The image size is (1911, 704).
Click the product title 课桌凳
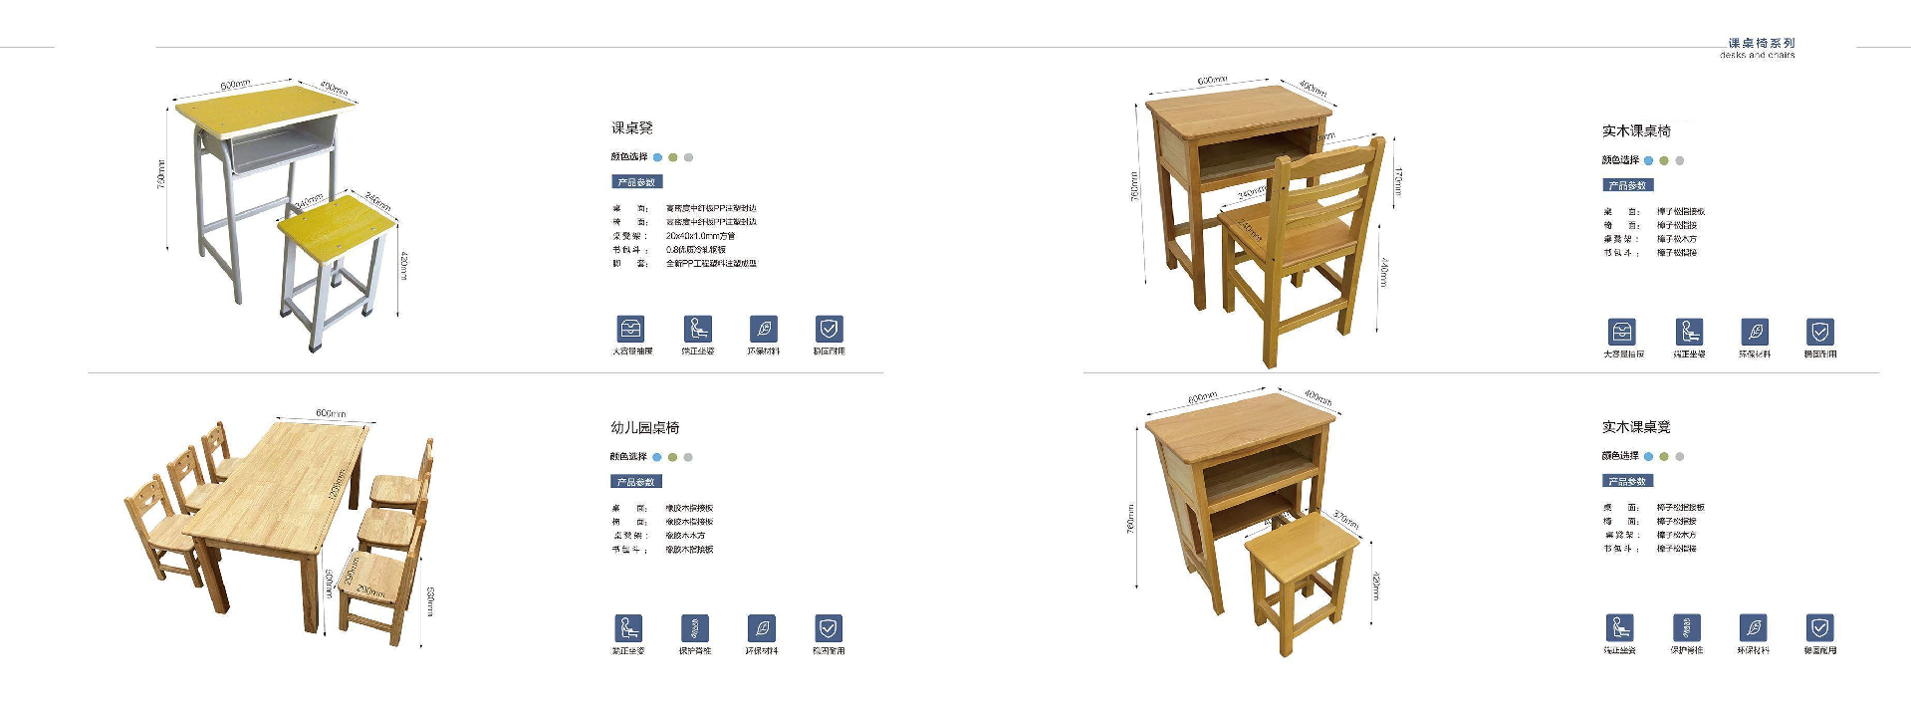pos(631,127)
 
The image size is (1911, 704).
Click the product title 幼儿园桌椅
pos(644,427)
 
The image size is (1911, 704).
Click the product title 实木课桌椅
pos(1636,130)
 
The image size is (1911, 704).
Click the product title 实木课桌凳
pos(1635,426)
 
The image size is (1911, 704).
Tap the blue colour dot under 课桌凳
pos(657,157)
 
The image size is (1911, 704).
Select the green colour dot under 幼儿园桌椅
pos(672,457)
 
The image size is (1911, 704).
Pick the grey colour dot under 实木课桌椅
pos(1679,160)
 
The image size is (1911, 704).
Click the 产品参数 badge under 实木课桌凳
pos(1627,481)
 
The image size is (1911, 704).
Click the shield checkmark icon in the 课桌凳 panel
pos(829,329)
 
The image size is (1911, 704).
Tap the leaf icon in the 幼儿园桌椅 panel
pos(762,628)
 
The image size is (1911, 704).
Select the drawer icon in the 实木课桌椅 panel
pos(1621,332)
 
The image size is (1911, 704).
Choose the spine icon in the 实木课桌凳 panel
pos(1686,627)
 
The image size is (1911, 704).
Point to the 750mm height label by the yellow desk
pos(161,174)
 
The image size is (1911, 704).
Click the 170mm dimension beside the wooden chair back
pos(1397,181)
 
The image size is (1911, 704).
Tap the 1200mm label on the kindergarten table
pos(337,486)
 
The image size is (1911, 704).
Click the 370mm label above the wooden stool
pos(1345,519)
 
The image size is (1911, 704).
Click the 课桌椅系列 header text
pos(1761,43)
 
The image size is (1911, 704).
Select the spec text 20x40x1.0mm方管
pos(700,236)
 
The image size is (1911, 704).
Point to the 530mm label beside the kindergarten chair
pos(430,600)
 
